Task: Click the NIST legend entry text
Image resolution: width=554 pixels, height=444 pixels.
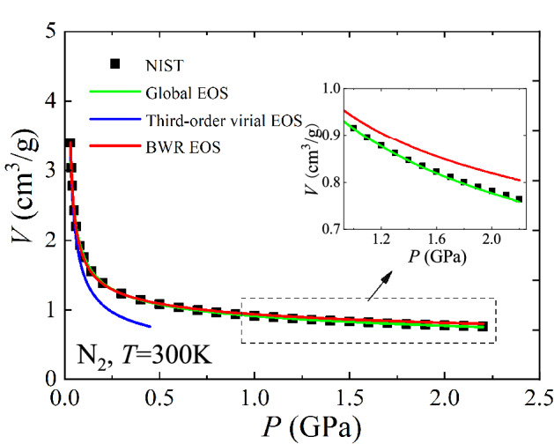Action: pos(163,63)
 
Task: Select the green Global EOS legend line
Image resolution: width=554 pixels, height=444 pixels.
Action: pos(113,91)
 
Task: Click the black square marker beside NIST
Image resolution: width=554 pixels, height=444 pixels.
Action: pos(113,63)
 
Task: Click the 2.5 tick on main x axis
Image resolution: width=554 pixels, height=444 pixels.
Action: pos(540,393)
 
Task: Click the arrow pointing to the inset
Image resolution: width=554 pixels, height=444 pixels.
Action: pos(381,275)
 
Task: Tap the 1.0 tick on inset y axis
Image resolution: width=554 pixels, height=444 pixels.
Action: pos(330,89)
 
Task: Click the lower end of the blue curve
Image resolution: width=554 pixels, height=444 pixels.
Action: pos(151,326)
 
